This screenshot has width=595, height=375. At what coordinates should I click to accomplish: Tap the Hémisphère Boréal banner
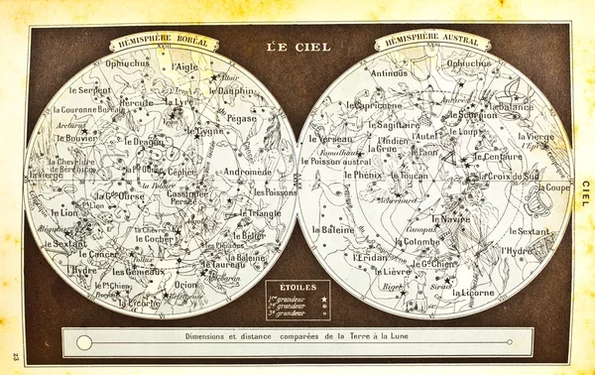160,44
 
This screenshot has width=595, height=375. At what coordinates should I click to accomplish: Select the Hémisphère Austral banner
432,43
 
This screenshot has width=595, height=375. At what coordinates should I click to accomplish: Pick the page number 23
14,355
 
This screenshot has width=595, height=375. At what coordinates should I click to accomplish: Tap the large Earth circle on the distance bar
84,342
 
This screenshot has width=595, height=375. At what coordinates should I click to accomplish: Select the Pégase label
242,117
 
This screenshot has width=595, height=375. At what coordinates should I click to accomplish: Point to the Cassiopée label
189,193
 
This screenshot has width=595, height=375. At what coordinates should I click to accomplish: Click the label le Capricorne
374,104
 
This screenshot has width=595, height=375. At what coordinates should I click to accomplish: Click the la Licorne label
472,293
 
